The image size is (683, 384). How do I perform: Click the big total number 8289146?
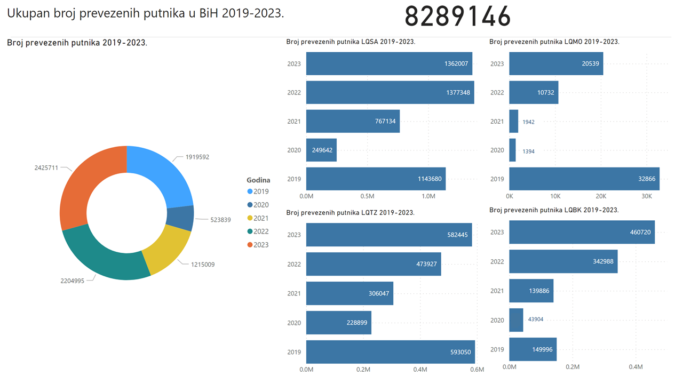(x=457, y=17)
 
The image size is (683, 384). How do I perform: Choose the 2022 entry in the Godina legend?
(x=261, y=231)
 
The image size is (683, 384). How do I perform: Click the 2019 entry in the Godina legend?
(x=261, y=191)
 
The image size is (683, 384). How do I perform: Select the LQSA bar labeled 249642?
(x=321, y=150)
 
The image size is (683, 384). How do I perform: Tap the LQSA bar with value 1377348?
(x=390, y=92)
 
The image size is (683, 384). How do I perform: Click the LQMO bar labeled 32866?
(x=584, y=179)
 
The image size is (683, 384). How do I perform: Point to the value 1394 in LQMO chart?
(x=528, y=151)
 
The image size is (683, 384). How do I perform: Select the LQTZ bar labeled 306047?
(x=350, y=293)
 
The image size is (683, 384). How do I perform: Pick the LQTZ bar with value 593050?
(x=390, y=352)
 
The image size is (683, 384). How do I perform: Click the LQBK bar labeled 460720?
(x=582, y=232)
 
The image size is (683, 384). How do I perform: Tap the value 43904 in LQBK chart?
(x=535, y=319)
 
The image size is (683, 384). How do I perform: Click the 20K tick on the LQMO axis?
(x=601, y=196)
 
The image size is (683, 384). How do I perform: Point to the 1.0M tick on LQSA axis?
(x=428, y=196)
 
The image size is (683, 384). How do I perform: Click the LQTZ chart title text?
(x=350, y=213)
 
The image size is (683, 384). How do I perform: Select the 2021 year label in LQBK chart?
(x=497, y=291)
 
